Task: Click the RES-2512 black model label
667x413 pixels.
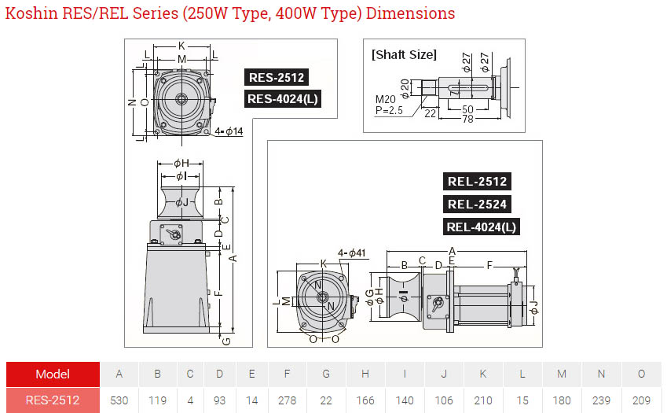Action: click(277, 78)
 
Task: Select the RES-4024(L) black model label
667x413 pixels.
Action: click(283, 99)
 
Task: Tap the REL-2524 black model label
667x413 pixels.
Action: click(477, 204)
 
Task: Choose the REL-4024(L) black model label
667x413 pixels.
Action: click(481, 227)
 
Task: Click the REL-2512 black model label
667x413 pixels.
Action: click(477, 182)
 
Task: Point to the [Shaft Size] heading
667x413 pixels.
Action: click(404, 54)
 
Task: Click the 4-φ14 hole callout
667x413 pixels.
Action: click(229, 131)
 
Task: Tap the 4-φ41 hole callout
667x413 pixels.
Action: click(352, 253)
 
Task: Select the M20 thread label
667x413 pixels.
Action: click(386, 99)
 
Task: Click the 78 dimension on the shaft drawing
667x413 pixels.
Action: click(467, 120)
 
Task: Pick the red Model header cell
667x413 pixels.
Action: click(53, 374)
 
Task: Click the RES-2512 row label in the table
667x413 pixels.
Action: click(53, 400)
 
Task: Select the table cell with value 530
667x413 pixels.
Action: click(119, 400)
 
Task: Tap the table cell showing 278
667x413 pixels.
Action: click(287, 400)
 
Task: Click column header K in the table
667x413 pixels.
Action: click(483, 374)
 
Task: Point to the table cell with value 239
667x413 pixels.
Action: click(601, 400)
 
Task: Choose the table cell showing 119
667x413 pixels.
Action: click(157, 400)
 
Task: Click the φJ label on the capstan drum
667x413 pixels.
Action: click(182, 202)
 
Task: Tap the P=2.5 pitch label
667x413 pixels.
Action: click(389, 110)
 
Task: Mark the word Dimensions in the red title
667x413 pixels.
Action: click(411, 13)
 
